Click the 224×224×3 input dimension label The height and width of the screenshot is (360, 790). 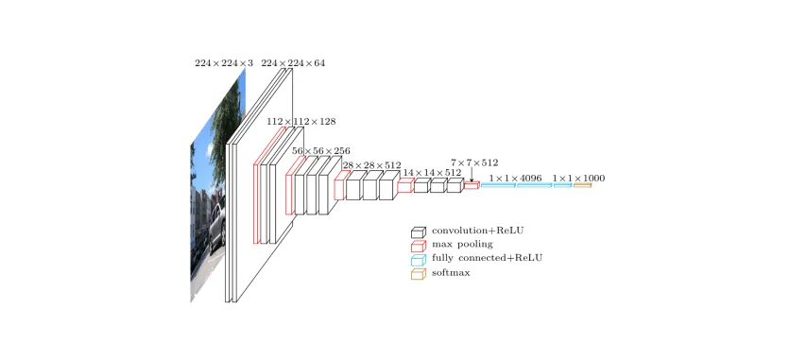tap(224, 62)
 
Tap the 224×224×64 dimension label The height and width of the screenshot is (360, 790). tap(293, 62)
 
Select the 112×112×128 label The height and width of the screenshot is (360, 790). tap(301, 121)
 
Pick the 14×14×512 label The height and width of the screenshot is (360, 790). tap(432, 173)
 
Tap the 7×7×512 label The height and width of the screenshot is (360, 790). tap(474, 163)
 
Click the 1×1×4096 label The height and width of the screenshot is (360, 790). tap(515, 178)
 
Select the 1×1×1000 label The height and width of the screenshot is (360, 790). tap(578, 178)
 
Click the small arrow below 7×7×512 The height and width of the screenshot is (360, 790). tap(472, 175)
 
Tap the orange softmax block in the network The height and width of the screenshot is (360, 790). tap(582, 185)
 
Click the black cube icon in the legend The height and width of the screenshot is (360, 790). tap(418, 231)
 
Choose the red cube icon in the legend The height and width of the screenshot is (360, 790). tap(418, 246)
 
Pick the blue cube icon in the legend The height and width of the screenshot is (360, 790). tap(418, 259)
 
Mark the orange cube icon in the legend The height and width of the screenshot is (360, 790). tap(418, 273)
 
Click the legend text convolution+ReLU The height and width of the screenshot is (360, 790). tap(477, 231)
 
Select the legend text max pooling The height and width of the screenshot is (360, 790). tap(462, 245)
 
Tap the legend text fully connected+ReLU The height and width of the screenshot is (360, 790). tap(487, 258)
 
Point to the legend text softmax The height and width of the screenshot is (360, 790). tap(451, 272)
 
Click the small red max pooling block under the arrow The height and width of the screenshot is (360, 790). tap(471, 186)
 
